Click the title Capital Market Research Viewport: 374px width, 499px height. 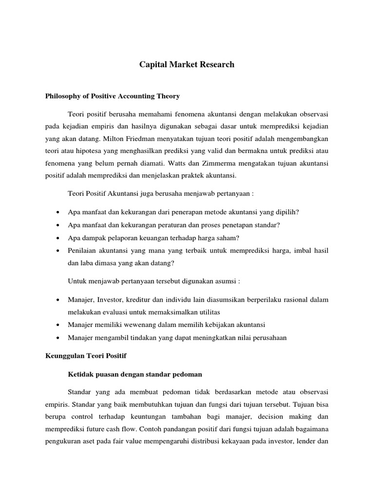187,64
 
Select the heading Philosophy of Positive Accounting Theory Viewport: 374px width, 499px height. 112,96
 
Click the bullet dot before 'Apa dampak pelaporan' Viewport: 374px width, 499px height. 58,238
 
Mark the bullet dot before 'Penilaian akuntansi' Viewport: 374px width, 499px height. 58,250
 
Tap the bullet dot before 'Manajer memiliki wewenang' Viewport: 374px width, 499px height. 58,325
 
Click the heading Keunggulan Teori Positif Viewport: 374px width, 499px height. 86,356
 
